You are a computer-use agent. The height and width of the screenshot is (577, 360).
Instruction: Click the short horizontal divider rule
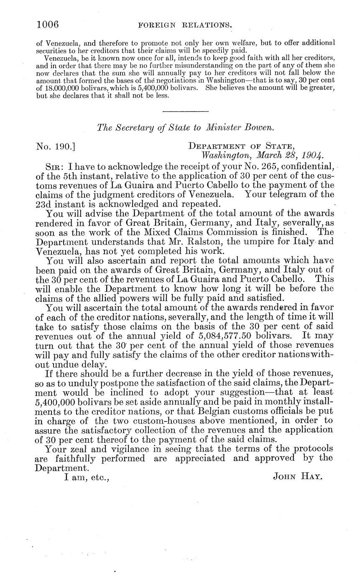coord(185,111)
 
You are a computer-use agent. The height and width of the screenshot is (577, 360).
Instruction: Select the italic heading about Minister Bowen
coord(185,128)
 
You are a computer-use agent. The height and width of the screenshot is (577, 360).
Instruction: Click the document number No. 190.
coord(56,147)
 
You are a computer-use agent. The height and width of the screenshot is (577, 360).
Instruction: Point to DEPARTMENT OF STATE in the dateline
coord(242,146)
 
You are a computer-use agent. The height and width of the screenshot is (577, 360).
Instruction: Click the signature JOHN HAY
coord(297,476)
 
